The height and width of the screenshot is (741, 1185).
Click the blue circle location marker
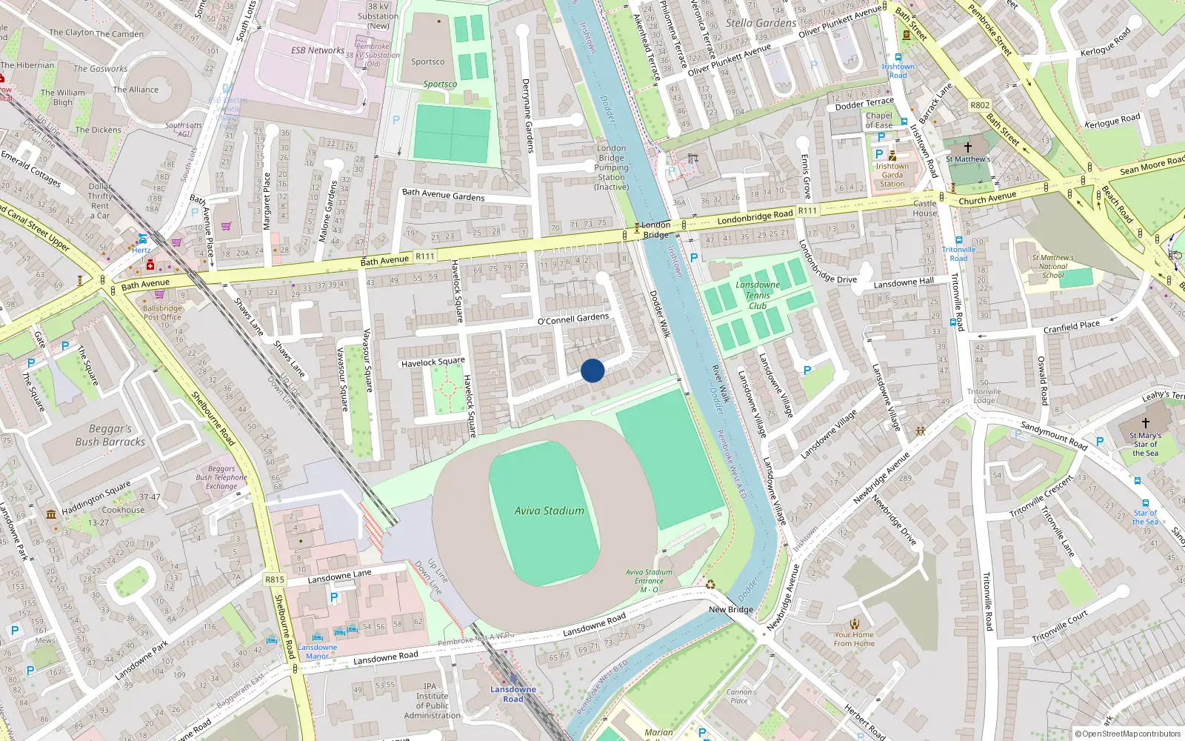coord(592,370)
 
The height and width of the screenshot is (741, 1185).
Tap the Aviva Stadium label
coord(550,511)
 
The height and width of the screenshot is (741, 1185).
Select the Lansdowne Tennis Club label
coord(758,295)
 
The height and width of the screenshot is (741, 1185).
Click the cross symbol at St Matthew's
coord(967,147)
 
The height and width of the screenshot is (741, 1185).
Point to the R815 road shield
coord(274,579)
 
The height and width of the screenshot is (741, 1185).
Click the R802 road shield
coord(980,105)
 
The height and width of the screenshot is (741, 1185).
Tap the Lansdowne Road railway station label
coord(513,694)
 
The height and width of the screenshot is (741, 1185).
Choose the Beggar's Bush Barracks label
coord(110,435)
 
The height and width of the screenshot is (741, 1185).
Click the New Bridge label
coord(730,609)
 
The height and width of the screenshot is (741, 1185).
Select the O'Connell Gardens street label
coord(573,319)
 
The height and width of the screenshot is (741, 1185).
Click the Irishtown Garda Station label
coord(892,175)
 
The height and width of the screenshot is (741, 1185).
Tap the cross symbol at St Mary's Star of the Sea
coord(1145,422)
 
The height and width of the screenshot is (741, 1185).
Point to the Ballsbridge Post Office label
coord(162,313)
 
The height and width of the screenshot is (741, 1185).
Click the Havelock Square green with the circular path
coord(448,388)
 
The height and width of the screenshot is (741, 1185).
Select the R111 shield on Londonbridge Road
coord(807,210)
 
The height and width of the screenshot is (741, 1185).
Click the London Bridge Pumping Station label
coord(611,167)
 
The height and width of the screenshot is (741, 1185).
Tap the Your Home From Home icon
coord(855,623)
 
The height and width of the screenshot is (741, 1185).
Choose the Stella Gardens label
coord(761,23)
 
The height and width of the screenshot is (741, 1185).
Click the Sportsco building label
coord(428,62)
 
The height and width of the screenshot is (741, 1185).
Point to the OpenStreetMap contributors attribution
coord(1127,734)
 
